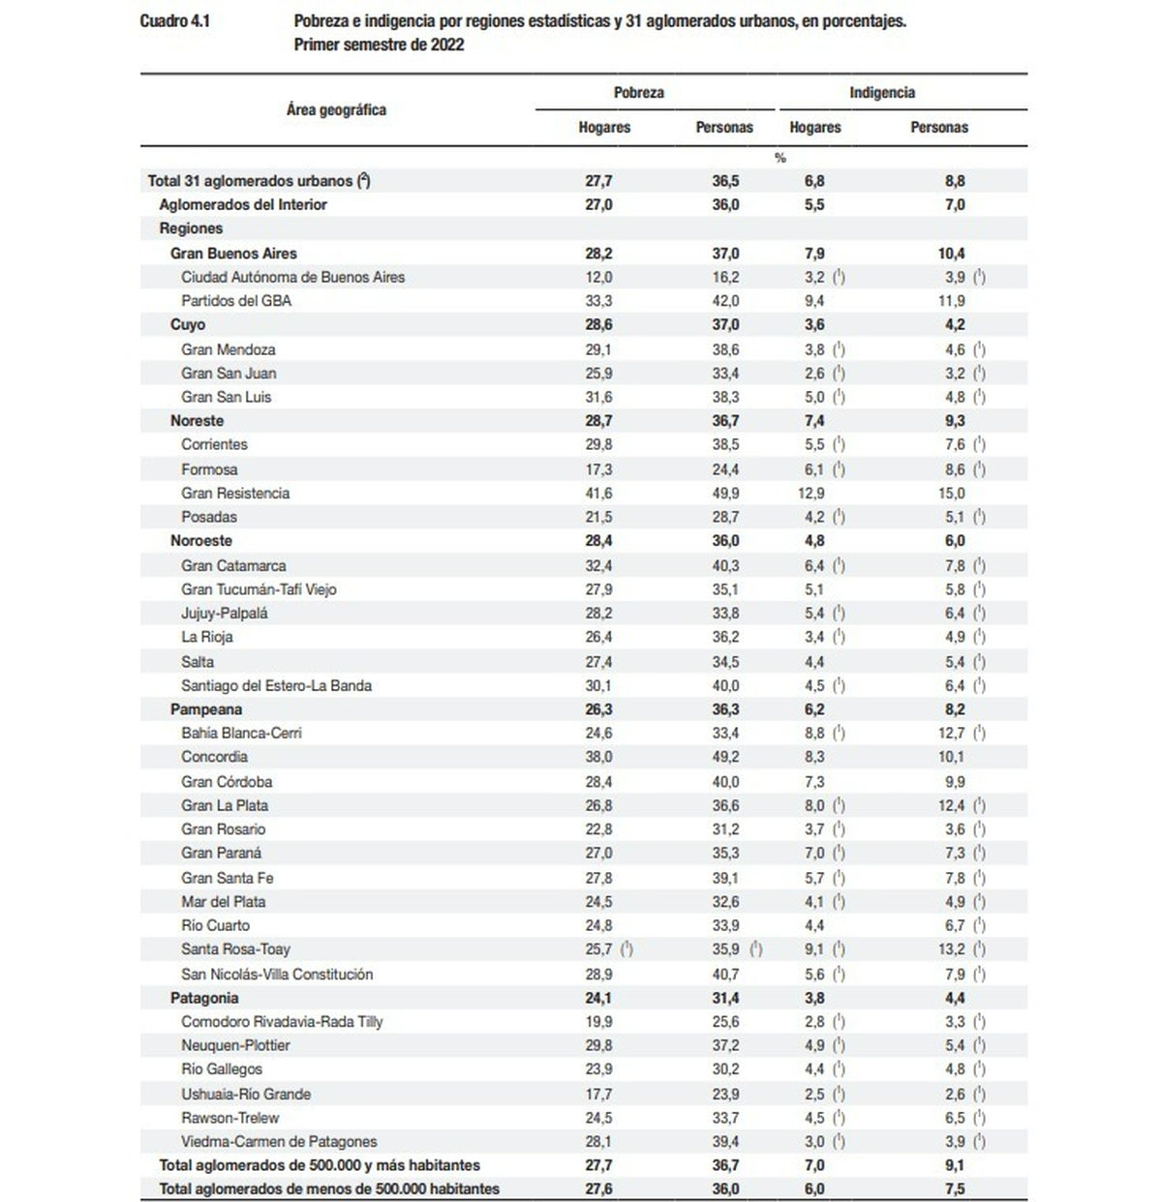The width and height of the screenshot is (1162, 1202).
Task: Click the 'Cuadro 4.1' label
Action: (x=174, y=21)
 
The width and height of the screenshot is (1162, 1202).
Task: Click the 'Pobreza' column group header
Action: (x=639, y=93)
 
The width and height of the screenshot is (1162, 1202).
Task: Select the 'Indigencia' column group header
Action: (x=882, y=93)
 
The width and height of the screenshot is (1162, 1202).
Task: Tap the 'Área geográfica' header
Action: (x=336, y=110)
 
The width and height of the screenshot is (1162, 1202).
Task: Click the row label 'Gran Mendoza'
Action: (x=229, y=349)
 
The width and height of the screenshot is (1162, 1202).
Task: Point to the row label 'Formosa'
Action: (x=209, y=469)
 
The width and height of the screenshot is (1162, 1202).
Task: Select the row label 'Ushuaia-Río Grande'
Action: (x=246, y=1094)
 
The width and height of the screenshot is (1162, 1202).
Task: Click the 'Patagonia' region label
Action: (x=204, y=998)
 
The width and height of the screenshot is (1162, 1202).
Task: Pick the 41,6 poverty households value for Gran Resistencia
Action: (x=598, y=493)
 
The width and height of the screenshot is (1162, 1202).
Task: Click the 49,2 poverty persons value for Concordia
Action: (x=725, y=757)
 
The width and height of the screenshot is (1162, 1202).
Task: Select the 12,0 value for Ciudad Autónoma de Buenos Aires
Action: (x=598, y=277)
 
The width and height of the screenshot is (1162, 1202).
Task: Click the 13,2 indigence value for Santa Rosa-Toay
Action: (x=951, y=949)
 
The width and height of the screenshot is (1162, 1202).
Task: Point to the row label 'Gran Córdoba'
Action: (x=227, y=782)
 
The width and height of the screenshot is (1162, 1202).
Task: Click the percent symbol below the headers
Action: (x=780, y=158)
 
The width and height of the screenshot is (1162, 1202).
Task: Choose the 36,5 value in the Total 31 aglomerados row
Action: (x=725, y=181)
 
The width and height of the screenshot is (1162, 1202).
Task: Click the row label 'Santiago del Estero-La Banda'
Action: (x=277, y=685)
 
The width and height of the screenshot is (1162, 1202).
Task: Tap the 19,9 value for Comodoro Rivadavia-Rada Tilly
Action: (x=598, y=1021)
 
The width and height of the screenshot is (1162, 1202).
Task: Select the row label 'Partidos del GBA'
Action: (x=236, y=301)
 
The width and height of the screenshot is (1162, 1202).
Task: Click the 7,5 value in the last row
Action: (x=954, y=1188)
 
